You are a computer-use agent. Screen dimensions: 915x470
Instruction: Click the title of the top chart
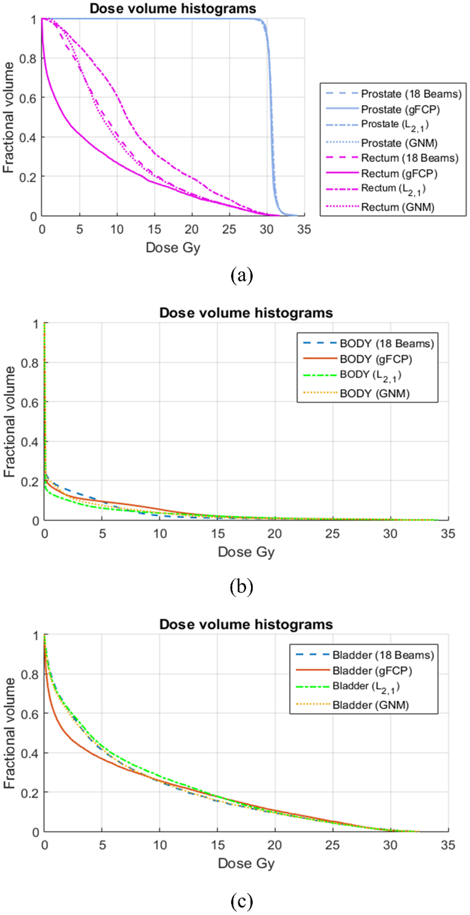click(173, 9)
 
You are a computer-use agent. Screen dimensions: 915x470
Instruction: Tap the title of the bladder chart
click(246, 624)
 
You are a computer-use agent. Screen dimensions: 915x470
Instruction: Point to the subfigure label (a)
click(241, 275)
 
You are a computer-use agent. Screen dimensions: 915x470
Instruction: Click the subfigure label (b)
click(241, 587)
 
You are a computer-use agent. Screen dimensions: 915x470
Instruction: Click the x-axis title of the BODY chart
click(246, 552)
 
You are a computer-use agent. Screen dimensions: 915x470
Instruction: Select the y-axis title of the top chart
click(9, 118)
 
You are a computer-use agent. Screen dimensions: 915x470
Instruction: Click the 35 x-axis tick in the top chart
click(303, 229)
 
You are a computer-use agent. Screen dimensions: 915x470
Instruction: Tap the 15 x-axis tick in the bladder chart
click(218, 845)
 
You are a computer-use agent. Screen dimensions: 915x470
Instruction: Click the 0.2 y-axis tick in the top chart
click(27, 177)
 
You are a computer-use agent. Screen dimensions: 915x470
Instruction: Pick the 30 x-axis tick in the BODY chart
click(390, 534)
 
